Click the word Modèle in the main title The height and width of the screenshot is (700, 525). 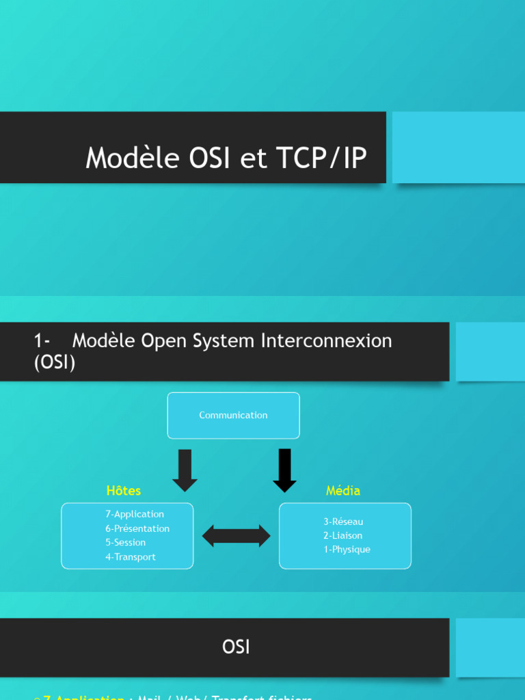coord(127,159)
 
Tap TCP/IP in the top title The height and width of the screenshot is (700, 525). coord(322,159)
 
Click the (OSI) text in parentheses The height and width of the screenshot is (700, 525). coord(55,363)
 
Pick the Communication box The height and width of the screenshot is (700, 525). coord(233,415)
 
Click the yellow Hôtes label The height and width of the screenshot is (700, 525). coord(124,491)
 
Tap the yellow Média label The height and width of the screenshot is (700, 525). coord(343,491)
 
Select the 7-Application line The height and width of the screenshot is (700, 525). coord(135,514)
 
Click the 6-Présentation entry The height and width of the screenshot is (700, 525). coord(137,528)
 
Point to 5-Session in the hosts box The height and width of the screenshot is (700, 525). coord(125,543)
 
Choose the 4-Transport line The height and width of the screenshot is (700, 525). coord(130,557)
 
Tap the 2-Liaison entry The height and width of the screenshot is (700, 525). coord(343,535)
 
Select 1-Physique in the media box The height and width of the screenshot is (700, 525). coord(347,550)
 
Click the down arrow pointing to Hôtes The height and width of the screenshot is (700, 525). coord(185,470)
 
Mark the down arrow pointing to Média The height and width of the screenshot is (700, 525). coord(285,470)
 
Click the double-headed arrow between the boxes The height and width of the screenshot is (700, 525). coord(237,536)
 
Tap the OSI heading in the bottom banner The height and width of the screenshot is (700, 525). coord(236,647)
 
